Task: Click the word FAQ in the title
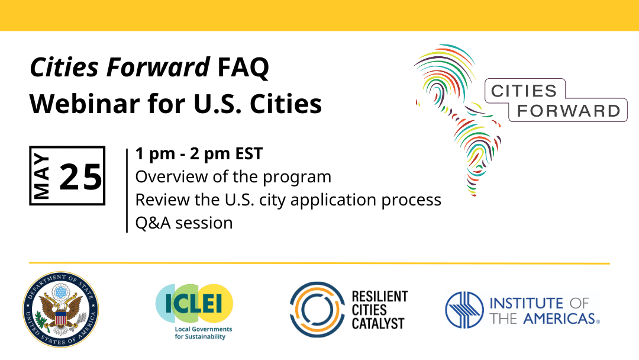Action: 243,69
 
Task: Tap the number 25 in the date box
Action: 82,176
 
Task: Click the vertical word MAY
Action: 43,176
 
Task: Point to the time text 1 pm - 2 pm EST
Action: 199,154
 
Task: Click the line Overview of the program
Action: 233,177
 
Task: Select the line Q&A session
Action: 184,223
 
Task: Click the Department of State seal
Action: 60,309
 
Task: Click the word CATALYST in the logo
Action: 378,323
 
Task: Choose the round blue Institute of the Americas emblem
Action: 464,310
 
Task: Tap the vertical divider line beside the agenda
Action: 127,189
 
